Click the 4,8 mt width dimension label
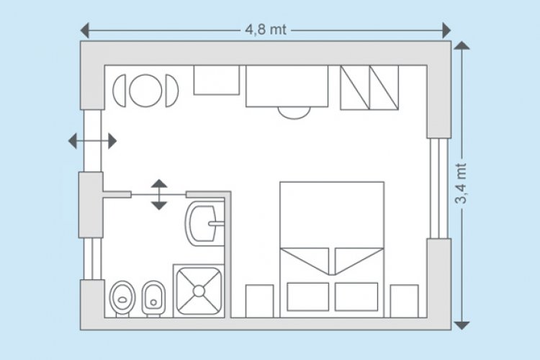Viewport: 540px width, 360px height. click(266, 30)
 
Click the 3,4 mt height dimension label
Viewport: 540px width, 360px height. click(461, 184)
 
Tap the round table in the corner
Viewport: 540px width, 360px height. click(145, 91)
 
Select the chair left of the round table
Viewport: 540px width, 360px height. click(119, 91)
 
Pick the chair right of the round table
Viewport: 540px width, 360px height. click(172, 91)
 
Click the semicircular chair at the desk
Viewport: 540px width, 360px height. click(294, 112)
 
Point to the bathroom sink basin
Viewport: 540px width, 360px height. click(203, 224)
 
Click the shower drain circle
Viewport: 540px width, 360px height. click(199, 291)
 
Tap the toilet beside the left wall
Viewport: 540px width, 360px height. click(122, 299)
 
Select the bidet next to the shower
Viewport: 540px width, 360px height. click(153, 299)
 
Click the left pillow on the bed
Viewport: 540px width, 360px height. click(308, 297)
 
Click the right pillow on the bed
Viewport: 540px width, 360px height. click(356, 297)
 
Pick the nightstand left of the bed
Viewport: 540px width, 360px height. click(260, 301)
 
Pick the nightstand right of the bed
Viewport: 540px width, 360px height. click(405, 301)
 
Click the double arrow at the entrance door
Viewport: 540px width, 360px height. click(92, 141)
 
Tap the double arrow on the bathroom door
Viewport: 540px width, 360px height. click(159, 194)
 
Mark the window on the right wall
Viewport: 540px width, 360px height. click(439, 188)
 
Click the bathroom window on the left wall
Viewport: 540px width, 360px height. click(92, 258)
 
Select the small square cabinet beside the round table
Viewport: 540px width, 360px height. click(217, 80)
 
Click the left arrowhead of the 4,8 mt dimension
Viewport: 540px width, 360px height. click(85, 30)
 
